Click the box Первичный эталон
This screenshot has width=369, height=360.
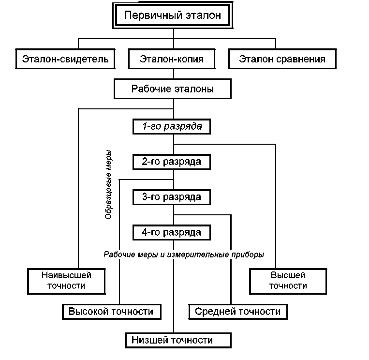coord(173,16)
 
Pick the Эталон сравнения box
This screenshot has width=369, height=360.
coord(282,60)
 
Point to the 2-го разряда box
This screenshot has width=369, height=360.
coord(172,162)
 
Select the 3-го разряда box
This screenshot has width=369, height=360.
coord(172,197)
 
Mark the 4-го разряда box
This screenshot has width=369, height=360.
coord(172,232)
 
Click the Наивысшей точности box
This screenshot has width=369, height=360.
coord(66,281)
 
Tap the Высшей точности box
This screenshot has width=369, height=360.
coord(288,281)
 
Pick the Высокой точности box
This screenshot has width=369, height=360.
coord(111,311)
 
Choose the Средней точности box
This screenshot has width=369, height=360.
coord(237,311)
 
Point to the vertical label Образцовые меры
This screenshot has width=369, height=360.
coord(109,184)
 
